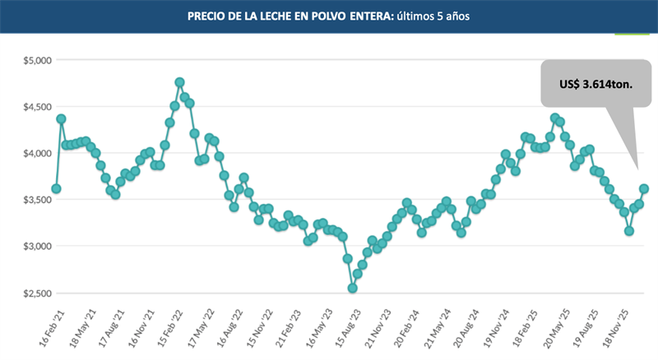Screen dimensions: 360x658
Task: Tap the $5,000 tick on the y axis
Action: [35, 61]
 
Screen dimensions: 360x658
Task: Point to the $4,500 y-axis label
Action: [35, 107]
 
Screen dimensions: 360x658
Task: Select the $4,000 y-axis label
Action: [35, 154]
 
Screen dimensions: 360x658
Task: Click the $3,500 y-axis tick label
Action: [35, 200]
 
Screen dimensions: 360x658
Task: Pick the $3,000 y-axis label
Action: [35, 247]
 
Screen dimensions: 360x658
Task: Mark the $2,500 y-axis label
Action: [35, 293]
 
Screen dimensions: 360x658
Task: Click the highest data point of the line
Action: [179, 82]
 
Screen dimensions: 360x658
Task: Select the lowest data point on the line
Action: [353, 288]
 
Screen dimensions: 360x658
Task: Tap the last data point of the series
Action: [644, 188]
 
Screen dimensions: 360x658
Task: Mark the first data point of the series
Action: [56, 188]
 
